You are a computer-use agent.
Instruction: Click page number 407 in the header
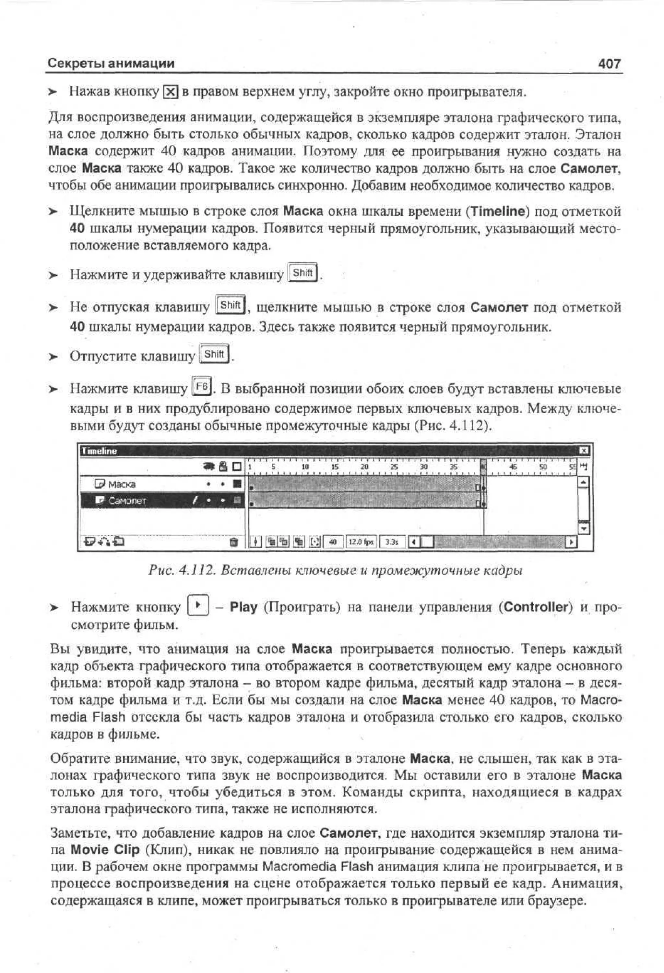pos(609,64)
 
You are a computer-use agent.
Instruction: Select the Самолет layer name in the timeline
pos(127,501)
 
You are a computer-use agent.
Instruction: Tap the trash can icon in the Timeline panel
pos(234,542)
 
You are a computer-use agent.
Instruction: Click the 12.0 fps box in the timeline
pos(361,542)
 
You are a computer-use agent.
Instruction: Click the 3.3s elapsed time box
pos(392,542)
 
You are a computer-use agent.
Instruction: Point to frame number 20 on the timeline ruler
pos(364,467)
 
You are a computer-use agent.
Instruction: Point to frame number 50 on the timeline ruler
pos(543,467)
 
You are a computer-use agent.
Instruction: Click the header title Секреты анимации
pos(111,64)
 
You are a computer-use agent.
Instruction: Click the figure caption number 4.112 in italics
pos(196,571)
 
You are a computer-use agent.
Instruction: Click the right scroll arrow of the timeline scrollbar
pos(570,542)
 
